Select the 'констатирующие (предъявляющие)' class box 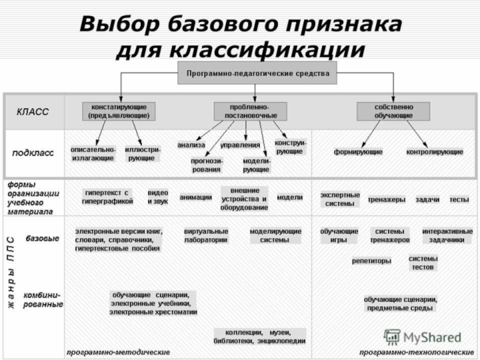[x=118, y=110]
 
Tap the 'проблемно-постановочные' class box [x=250, y=110]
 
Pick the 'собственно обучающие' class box [x=393, y=110]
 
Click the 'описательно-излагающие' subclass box [x=92, y=153]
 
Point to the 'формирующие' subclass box [x=358, y=152]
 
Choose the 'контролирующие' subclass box [x=434, y=152]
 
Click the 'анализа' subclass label [x=191, y=145]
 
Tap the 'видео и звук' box [x=158, y=197]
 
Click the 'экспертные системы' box [x=340, y=199]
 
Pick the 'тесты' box [x=459, y=199]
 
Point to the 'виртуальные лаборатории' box [x=206, y=235]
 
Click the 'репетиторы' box [x=371, y=262]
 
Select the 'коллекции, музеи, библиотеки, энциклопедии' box [x=260, y=337]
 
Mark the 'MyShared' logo [x=423, y=337]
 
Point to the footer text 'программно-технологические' [x=415, y=352]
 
